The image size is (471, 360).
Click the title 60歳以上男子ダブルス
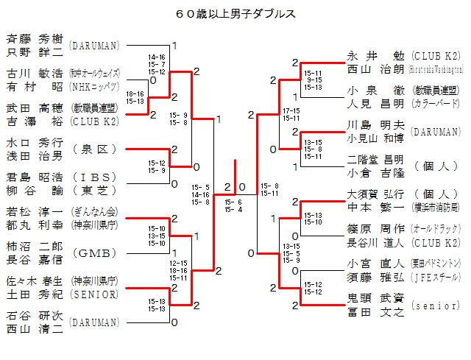236,13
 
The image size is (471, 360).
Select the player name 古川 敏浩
34,74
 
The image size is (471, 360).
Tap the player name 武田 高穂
34,108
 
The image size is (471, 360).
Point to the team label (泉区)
96,149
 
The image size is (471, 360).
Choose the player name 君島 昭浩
34,177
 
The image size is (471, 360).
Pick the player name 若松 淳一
34,212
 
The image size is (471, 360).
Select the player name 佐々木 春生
34,280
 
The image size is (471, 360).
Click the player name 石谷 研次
34,316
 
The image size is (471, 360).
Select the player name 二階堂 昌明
375,160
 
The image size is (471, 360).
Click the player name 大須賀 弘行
375,194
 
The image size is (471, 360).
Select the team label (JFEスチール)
436,278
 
